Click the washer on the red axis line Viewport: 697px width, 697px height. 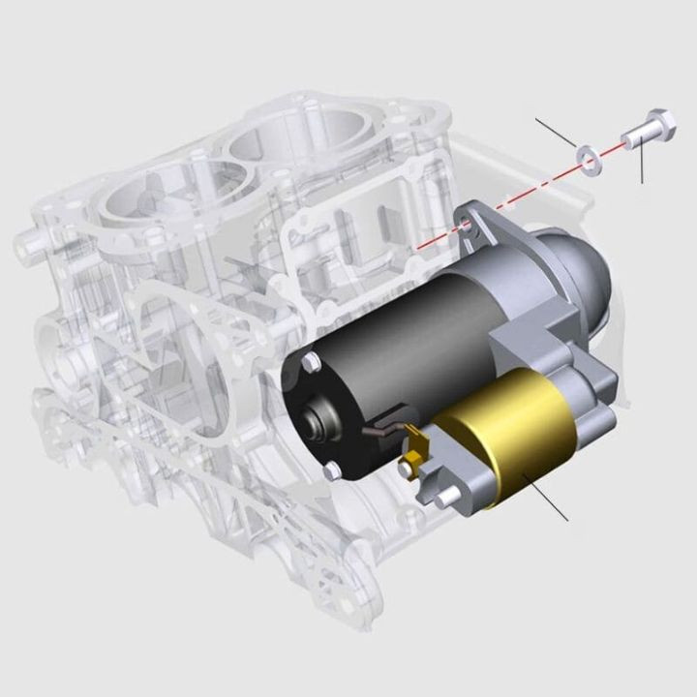[x=587, y=156]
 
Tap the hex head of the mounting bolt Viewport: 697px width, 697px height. [x=662, y=124]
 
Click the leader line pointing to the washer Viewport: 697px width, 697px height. [x=557, y=133]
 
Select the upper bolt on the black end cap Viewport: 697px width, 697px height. [x=311, y=362]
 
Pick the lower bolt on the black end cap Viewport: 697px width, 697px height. [x=332, y=470]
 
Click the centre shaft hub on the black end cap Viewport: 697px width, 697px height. [x=316, y=421]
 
